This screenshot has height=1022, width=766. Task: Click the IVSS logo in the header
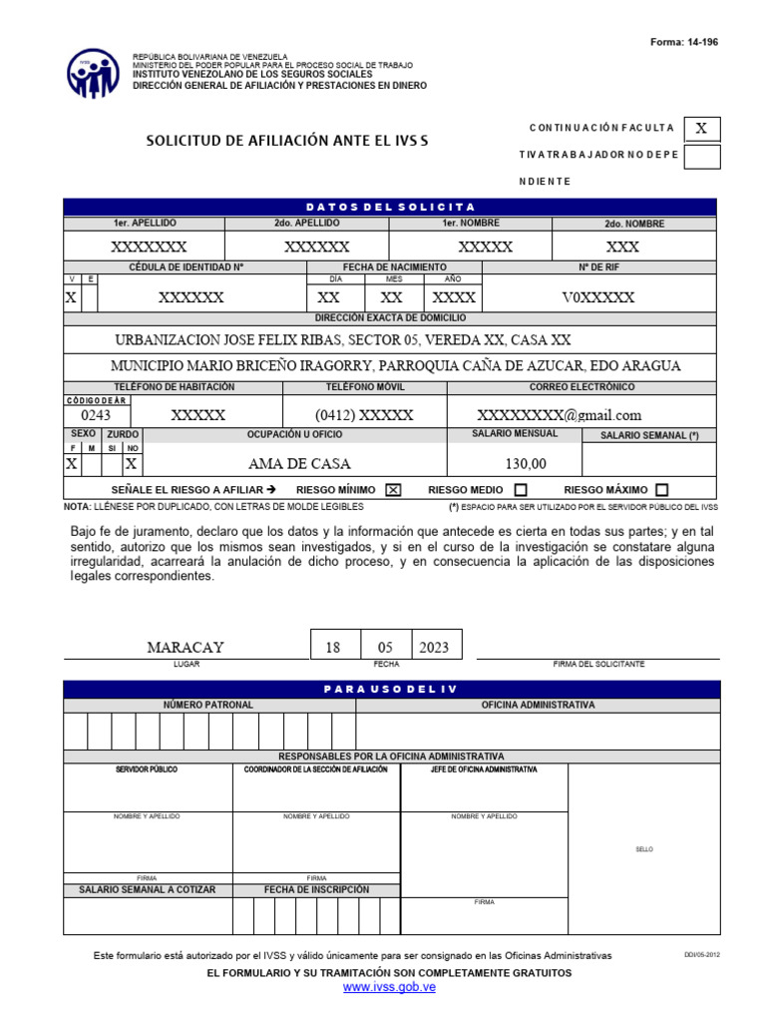pyautogui.click(x=94, y=73)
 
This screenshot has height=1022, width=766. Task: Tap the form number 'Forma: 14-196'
pyautogui.click(x=683, y=42)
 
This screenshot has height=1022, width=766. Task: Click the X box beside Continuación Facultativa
pyautogui.click(x=702, y=129)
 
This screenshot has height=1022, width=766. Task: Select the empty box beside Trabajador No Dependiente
pyautogui.click(x=702, y=156)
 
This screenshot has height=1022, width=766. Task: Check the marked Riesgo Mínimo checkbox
pyautogui.click(x=393, y=490)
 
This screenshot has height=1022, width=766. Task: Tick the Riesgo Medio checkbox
pyautogui.click(x=520, y=490)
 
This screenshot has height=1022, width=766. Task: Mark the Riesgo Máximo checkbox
pyautogui.click(x=662, y=490)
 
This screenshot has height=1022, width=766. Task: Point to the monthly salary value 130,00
pyautogui.click(x=527, y=464)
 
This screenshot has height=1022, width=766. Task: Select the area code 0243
pyautogui.click(x=96, y=415)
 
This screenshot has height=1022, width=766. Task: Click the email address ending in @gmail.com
pyautogui.click(x=559, y=415)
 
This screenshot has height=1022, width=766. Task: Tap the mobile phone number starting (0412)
pyautogui.click(x=364, y=415)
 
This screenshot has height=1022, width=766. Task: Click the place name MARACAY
pyautogui.click(x=186, y=647)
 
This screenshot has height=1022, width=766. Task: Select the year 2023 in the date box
pyautogui.click(x=434, y=647)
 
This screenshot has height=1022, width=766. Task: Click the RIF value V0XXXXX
pyautogui.click(x=598, y=297)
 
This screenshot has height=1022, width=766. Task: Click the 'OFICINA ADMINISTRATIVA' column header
pyautogui.click(x=538, y=705)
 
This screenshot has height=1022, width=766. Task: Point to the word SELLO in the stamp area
pyautogui.click(x=644, y=849)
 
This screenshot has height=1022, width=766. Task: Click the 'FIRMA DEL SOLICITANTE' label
pyautogui.click(x=598, y=664)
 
